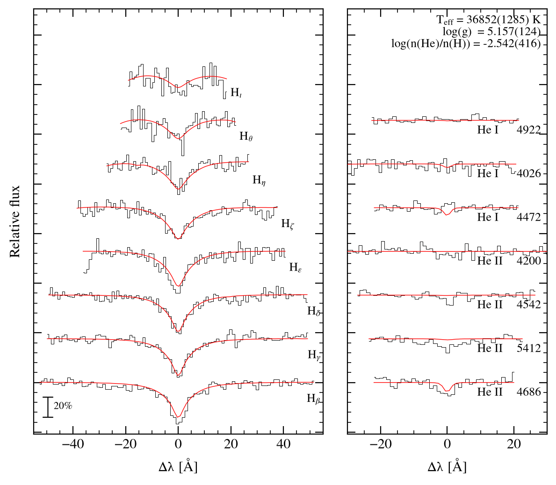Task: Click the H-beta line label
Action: click(x=313, y=399)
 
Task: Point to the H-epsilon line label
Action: click(x=296, y=267)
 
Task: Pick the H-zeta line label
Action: click(x=288, y=223)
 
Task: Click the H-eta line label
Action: click(x=259, y=180)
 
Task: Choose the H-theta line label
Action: click(x=246, y=136)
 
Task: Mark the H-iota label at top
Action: click(x=236, y=93)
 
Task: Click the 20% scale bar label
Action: click(x=63, y=406)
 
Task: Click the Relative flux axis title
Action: click(x=14, y=221)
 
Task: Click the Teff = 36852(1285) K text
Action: click(x=488, y=20)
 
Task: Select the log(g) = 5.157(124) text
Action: click(x=491, y=31)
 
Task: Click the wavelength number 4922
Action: click(x=529, y=130)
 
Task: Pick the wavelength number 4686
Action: click(x=529, y=392)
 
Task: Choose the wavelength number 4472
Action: click(x=529, y=217)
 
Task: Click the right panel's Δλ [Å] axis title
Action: click(x=447, y=466)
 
